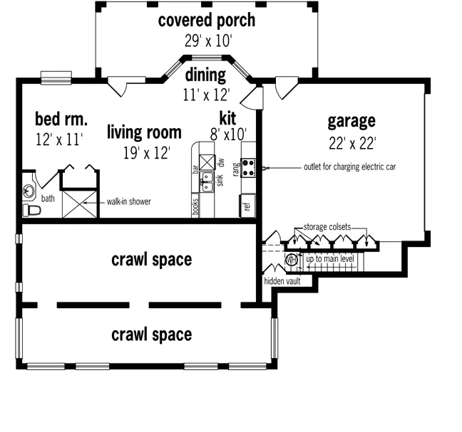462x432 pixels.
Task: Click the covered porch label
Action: (x=207, y=21)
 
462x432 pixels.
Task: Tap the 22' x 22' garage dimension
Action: (x=351, y=144)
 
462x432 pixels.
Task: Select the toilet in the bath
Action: (x=31, y=210)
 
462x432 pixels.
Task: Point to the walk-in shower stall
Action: (x=80, y=204)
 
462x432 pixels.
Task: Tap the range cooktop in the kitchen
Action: (x=248, y=168)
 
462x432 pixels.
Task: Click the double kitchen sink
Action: (x=207, y=182)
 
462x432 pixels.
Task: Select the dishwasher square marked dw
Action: (x=207, y=162)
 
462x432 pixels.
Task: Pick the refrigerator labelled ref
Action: (x=247, y=206)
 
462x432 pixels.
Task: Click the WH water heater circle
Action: (x=291, y=260)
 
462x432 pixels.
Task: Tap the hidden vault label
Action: (x=282, y=281)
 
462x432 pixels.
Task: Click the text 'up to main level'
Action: (x=330, y=259)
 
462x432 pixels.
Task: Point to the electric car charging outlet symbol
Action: (x=265, y=168)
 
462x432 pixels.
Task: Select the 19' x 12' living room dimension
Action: (x=146, y=153)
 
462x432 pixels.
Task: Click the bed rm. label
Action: (x=61, y=119)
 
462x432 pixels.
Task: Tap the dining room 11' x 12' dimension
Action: (x=206, y=95)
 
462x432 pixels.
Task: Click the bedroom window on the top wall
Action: (x=56, y=78)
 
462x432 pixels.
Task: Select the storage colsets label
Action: (x=327, y=227)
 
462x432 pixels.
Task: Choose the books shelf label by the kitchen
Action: (x=195, y=206)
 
